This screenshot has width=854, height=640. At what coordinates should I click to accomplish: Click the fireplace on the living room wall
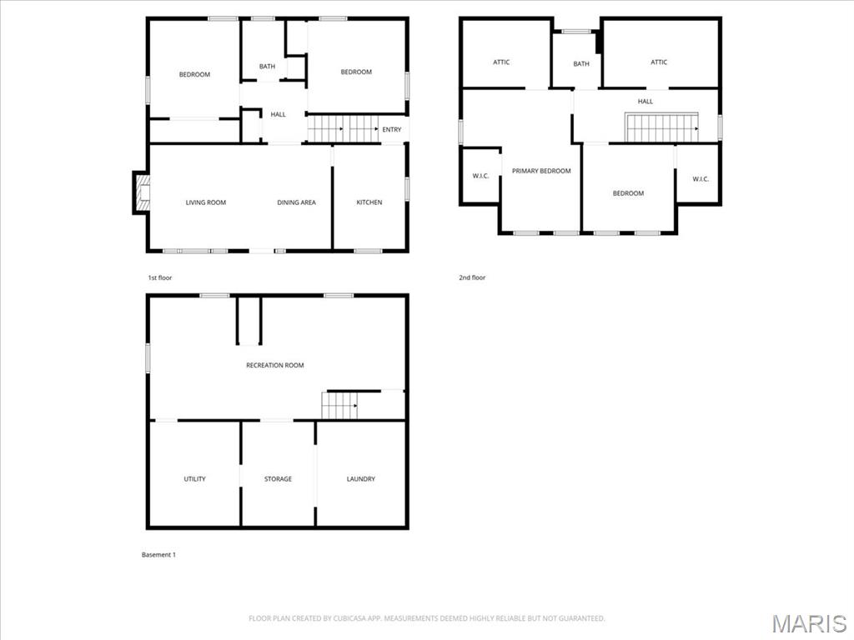141,192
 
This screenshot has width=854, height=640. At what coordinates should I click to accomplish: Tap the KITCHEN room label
369,202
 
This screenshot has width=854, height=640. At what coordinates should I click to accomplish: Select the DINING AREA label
296,202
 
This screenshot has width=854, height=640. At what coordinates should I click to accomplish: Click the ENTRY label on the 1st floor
392,130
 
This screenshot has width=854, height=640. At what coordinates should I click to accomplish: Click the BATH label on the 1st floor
267,67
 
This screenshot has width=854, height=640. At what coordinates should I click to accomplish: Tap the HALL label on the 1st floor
278,115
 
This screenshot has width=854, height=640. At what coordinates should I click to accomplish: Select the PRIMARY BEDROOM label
541,171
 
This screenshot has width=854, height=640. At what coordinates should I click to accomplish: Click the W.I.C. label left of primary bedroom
480,176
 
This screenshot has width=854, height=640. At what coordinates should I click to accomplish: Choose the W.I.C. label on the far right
701,178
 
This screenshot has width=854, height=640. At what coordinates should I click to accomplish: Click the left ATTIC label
501,62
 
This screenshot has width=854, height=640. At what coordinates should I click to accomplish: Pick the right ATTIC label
659,62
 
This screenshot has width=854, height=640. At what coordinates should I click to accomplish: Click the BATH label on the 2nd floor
581,64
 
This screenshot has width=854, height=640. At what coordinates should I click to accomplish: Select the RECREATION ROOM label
274,365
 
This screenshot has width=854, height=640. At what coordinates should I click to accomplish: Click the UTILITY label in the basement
194,479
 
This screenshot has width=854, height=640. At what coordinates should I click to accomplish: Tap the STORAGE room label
278,479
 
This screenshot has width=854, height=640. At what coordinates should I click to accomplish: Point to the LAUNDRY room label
361,479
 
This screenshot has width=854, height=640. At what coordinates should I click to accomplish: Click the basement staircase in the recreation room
340,406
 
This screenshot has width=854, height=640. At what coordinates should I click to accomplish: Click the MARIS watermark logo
809,623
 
